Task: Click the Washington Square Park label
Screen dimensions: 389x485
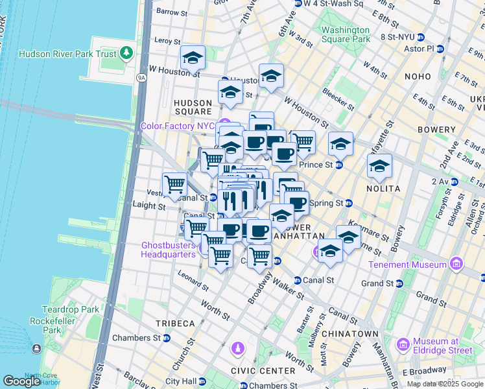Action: (345, 35)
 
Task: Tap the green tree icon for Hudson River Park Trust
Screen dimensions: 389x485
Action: (127, 53)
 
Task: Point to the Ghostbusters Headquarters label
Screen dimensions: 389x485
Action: (169, 250)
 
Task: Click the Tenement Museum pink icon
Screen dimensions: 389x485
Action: (456, 265)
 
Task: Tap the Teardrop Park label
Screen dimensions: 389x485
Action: (71, 309)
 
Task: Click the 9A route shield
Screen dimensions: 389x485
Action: (141, 78)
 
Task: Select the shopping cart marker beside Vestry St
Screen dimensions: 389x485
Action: (174, 185)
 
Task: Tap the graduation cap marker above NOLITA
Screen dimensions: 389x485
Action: (379, 166)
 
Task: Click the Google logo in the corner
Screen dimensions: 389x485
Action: (21, 381)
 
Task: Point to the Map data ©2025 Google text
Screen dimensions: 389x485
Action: (445, 384)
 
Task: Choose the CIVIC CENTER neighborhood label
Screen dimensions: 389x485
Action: (258, 371)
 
